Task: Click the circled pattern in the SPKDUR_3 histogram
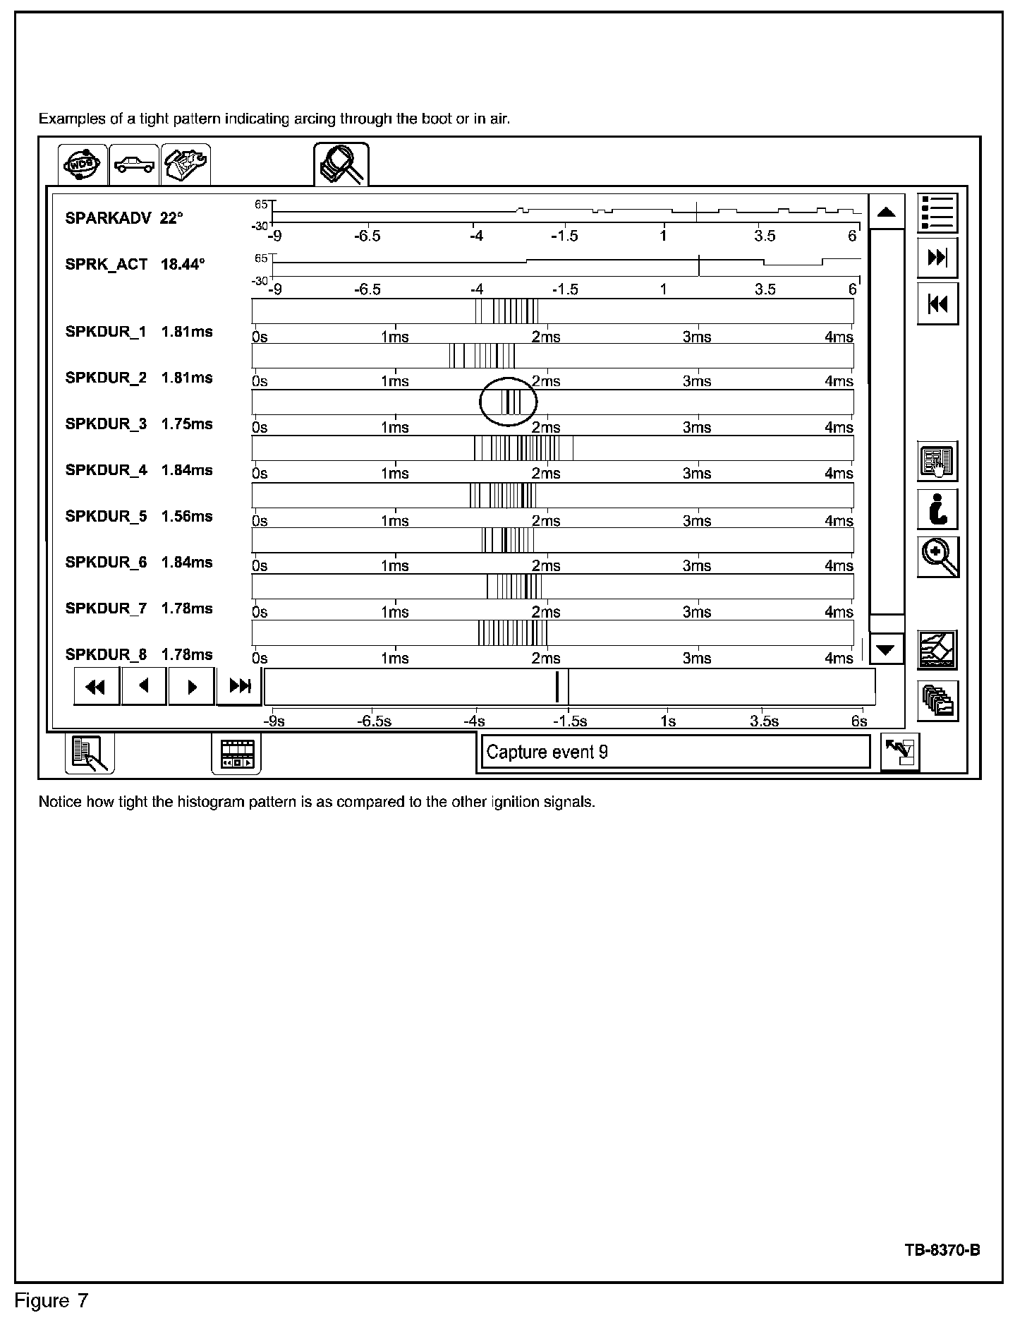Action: coord(509,402)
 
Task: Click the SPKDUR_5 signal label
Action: coord(106,516)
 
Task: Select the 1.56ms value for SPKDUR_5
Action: coord(187,516)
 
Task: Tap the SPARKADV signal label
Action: coord(108,218)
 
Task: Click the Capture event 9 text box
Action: coord(674,752)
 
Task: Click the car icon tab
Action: coord(134,164)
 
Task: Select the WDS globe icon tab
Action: coord(83,164)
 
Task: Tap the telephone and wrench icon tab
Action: coord(186,164)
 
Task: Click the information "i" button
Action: coord(937,510)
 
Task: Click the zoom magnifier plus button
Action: coord(937,557)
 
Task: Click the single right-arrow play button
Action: coord(191,686)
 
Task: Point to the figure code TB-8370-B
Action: coord(942,1250)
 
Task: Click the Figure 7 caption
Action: coord(52,1301)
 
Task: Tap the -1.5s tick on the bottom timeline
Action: coord(570,721)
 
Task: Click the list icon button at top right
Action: coord(937,212)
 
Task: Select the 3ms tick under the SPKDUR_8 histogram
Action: coord(697,658)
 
